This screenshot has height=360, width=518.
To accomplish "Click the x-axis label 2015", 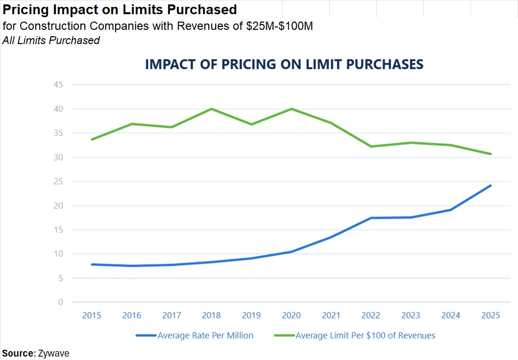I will tap(92, 315).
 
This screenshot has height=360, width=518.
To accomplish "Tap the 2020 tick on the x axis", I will tap(292, 315).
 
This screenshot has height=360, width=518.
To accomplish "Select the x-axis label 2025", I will tap(491, 315).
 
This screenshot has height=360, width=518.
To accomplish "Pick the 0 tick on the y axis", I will tap(61, 302).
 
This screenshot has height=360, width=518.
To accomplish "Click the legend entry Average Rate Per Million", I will tap(205, 336).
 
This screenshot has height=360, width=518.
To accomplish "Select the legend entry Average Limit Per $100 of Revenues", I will tap(365, 336).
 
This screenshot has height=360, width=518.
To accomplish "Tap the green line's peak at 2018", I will tap(212, 109).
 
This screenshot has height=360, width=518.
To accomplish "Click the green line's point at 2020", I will tap(292, 109).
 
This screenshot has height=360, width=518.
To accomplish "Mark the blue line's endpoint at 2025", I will tap(491, 186).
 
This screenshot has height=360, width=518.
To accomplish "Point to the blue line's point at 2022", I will tap(371, 218).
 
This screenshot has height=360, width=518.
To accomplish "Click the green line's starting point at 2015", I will tap(92, 140).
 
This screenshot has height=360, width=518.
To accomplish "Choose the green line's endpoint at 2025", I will tap(491, 154).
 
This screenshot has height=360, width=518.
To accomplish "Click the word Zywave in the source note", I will tap(54, 353).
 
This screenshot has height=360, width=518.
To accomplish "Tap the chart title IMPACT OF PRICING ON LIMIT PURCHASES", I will tap(284, 65).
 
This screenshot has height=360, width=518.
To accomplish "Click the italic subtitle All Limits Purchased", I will tap(51, 41).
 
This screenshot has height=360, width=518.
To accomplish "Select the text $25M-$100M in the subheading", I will tap(279, 26).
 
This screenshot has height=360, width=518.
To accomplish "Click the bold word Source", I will tap(18, 353).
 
